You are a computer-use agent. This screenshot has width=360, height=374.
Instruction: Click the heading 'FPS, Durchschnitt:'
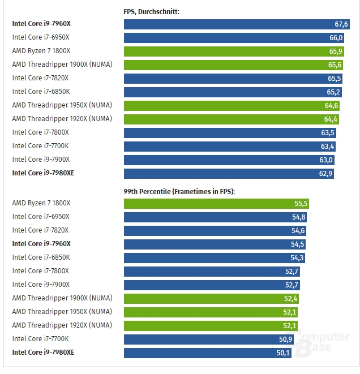coord(151,11)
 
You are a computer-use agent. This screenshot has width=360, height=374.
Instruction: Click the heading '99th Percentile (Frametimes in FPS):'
coord(179,192)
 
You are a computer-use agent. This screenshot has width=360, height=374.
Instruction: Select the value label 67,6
coord(341,24)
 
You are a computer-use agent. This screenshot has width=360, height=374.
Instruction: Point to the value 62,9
coord(325,174)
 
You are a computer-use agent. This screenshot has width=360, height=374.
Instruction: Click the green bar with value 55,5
coord(216,203)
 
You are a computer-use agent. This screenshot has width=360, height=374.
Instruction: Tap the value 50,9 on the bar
coord(286,339)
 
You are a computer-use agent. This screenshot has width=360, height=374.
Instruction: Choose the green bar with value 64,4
coord(231,119)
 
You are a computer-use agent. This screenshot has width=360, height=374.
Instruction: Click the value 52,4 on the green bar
coord(291,299)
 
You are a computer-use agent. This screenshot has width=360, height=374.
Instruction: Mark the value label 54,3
coord(297,258)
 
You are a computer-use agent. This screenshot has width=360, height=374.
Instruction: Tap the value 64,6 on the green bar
coord(331,106)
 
